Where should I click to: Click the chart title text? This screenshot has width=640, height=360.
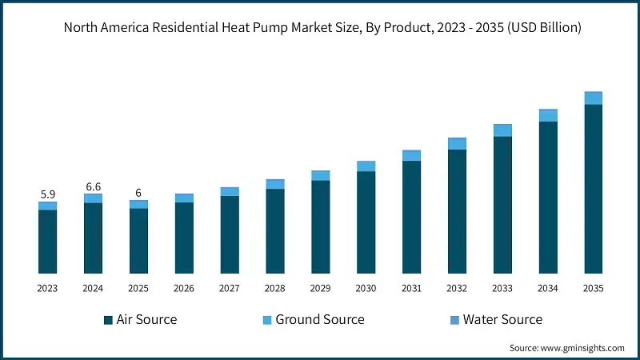pos(320,27)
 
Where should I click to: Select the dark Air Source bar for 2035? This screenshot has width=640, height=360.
pos(593,188)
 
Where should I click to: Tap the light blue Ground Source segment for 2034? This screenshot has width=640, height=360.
pos(547,115)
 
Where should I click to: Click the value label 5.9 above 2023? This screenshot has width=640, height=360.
pos(47,194)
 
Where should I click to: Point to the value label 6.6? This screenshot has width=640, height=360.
pos(93,186)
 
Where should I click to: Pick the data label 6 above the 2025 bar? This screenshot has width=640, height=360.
pos(138,193)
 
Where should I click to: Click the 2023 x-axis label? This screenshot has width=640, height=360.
pos(47,288)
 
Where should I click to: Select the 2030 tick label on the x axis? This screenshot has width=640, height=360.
pos(366,288)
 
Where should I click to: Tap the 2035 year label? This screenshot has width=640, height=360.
pos(593,288)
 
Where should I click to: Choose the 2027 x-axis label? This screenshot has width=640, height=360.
pos(230,288)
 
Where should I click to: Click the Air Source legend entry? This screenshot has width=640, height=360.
pos(140,320)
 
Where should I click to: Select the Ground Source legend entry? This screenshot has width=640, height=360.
pos(313,320)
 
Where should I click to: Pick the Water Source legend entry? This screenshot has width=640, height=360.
pos(496,320)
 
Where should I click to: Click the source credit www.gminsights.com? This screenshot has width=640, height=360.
pos(566,348)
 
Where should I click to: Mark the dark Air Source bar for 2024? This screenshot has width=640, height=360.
pos(93,238)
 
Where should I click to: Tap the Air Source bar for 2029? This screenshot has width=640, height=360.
pos(320,226)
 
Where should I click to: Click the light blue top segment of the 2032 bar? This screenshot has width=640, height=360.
pos(457,143)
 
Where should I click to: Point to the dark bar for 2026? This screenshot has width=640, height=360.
pos(184,238)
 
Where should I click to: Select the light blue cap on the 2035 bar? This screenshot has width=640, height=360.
pos(593,98)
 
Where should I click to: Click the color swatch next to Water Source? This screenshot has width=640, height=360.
pos(454,320)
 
